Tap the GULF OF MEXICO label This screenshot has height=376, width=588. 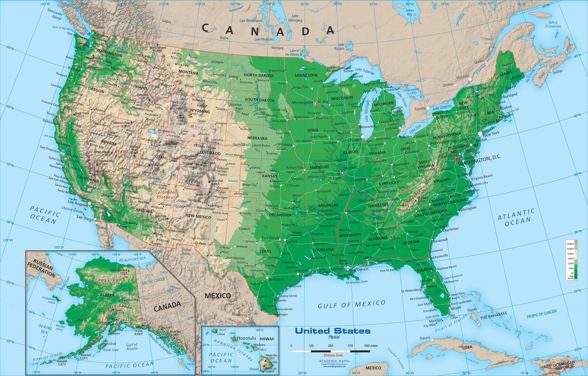pyautogui.click(x=352, y=304)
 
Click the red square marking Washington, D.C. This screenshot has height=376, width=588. pyautogui.click(x=457, y=159)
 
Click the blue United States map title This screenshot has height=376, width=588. pyautogui.click(x=332, y=331)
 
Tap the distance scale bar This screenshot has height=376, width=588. pyautogui.click(x=330, y=351)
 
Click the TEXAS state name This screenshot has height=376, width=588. pyautogui.click(x=265, y=251)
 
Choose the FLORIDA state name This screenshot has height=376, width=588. pyautogui.click(x=425, y=269)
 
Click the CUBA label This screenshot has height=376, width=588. pyautogui.click(x=467, y=347)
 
